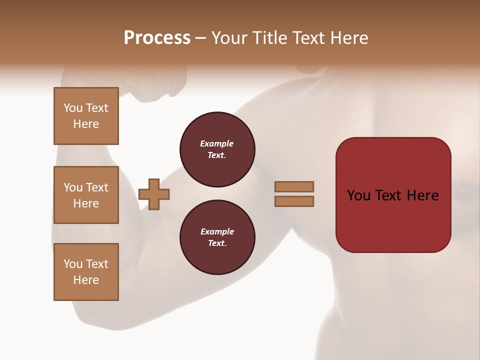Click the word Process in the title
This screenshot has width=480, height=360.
click(157, 38)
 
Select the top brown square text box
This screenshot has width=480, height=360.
click(86, 116)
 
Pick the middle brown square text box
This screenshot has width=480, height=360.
click(86, 195)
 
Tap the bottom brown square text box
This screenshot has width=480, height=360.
click(86, 272)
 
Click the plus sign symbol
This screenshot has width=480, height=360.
click(154, 194)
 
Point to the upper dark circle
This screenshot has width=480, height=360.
click(217, 149)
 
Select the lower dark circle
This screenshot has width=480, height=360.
click(217, 237)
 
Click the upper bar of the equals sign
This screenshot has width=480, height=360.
click(294, 186)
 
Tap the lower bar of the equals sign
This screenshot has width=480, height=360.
click(294, 201)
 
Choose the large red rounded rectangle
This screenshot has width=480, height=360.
click(393, 220)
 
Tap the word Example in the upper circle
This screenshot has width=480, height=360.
click(217, 143)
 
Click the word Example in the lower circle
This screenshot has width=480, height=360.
click(217, 231)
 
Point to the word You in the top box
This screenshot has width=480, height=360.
click(73, 108)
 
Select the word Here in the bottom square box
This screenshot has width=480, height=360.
click(86, 280)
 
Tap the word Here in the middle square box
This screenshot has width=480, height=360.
click(86, 203)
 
